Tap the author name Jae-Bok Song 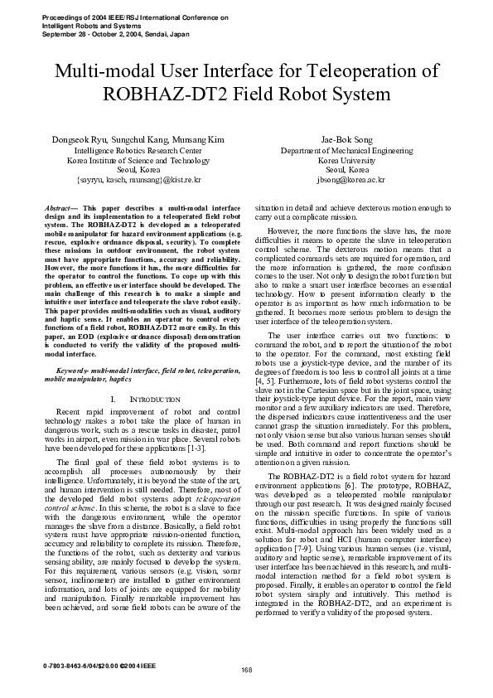click(x=346, y=139)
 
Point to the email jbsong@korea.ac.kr click(x=346, y=179)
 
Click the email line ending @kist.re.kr click(x=138, y=179)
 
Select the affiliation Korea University click(x=346, y=160)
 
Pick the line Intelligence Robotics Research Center click(x=138, y=151)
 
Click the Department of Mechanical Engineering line click(x=346, y=151)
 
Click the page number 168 click(x=246, y=670)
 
